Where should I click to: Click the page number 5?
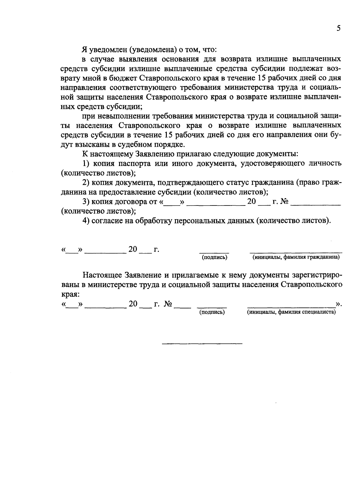tap(338, 28)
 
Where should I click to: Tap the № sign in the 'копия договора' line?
tap(284, 202)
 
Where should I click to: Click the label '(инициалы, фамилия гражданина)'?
tap(296, 257)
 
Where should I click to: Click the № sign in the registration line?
tap(168, 304)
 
